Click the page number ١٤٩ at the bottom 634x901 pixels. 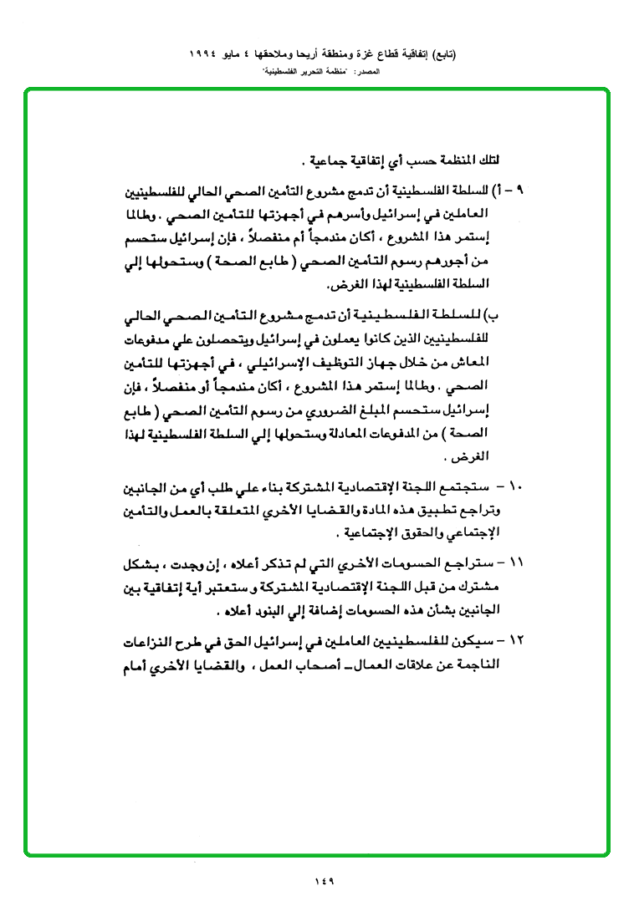(325, 879)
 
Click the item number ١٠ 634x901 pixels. (515, 486)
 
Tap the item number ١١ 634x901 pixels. (515, 562)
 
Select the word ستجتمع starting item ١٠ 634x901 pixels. (473, 486)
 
